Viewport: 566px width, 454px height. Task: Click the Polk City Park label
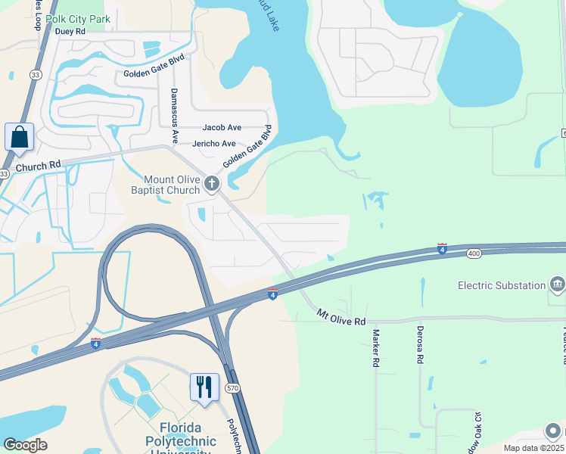coord(77,19)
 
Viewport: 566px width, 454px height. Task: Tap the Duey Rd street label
coord(70,32)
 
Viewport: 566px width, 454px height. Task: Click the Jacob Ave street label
coord(221,128)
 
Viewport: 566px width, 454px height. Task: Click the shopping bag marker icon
coord(19,138)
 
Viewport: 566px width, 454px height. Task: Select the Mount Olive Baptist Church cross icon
coord(212,182)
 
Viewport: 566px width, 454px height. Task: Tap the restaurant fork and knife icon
coord(204,387)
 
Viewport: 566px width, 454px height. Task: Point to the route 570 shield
coord(232,389)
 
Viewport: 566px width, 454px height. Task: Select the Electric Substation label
coord(502,285)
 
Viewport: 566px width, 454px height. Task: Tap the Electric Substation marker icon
coord(558,285)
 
